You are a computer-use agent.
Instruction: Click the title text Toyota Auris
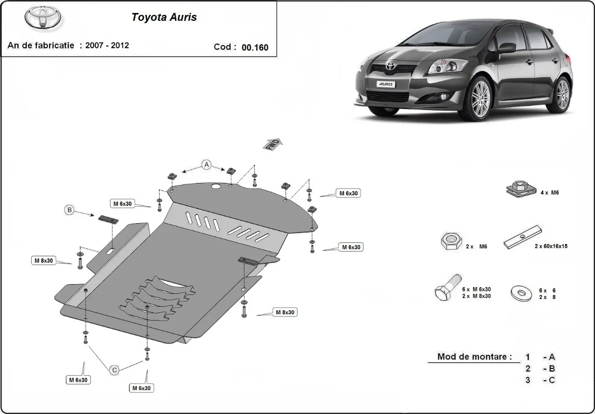(x=164, y=17)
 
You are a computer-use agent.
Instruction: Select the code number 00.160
(x=255, y=48)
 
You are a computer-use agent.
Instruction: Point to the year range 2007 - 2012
(x=107, y=46)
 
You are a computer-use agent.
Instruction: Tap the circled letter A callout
(x=206, y=165)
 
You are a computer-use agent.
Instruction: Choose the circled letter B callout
(x=70, y=210)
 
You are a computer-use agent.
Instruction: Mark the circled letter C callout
(x=114, y=369)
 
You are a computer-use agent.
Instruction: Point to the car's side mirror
(x=506, y=48)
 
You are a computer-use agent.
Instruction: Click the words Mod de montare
(x=474, y=356)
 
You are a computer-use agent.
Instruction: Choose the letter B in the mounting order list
(x=552, y=368)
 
